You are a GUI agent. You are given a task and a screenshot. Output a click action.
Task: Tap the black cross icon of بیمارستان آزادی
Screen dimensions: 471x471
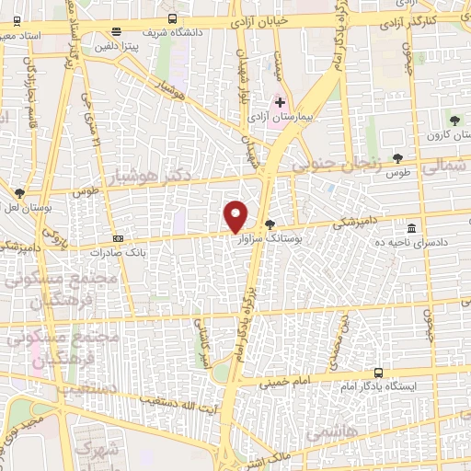280,102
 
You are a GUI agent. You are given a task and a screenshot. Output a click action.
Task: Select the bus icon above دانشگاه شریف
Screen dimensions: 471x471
174,19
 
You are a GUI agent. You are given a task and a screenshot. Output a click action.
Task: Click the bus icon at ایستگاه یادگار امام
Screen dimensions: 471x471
378,373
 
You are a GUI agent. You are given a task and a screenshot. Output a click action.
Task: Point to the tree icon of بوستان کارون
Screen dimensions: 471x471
454,120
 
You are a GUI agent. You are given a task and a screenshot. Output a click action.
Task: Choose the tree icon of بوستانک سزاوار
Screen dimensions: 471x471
269,224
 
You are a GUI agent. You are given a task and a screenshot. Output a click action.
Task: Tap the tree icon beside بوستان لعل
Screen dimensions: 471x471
20,193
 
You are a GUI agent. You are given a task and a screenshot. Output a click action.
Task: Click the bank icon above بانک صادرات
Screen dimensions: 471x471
117,237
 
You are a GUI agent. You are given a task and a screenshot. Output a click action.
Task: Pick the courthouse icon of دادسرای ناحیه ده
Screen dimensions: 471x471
410,228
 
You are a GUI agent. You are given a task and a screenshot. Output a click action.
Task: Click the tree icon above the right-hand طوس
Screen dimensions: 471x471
397,158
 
